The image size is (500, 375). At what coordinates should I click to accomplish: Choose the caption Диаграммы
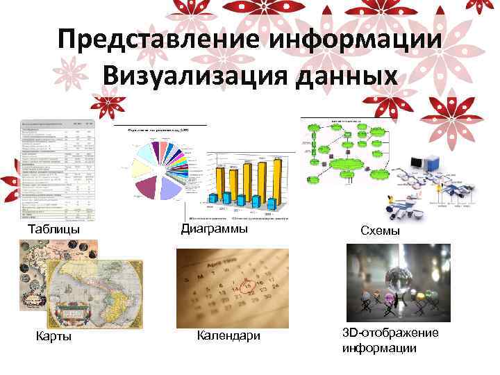[214, 228]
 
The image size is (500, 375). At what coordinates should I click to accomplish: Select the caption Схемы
[380, 231]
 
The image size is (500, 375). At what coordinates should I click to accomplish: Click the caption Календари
[228, 336]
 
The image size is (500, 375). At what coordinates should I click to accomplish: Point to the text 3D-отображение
[390, 333]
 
